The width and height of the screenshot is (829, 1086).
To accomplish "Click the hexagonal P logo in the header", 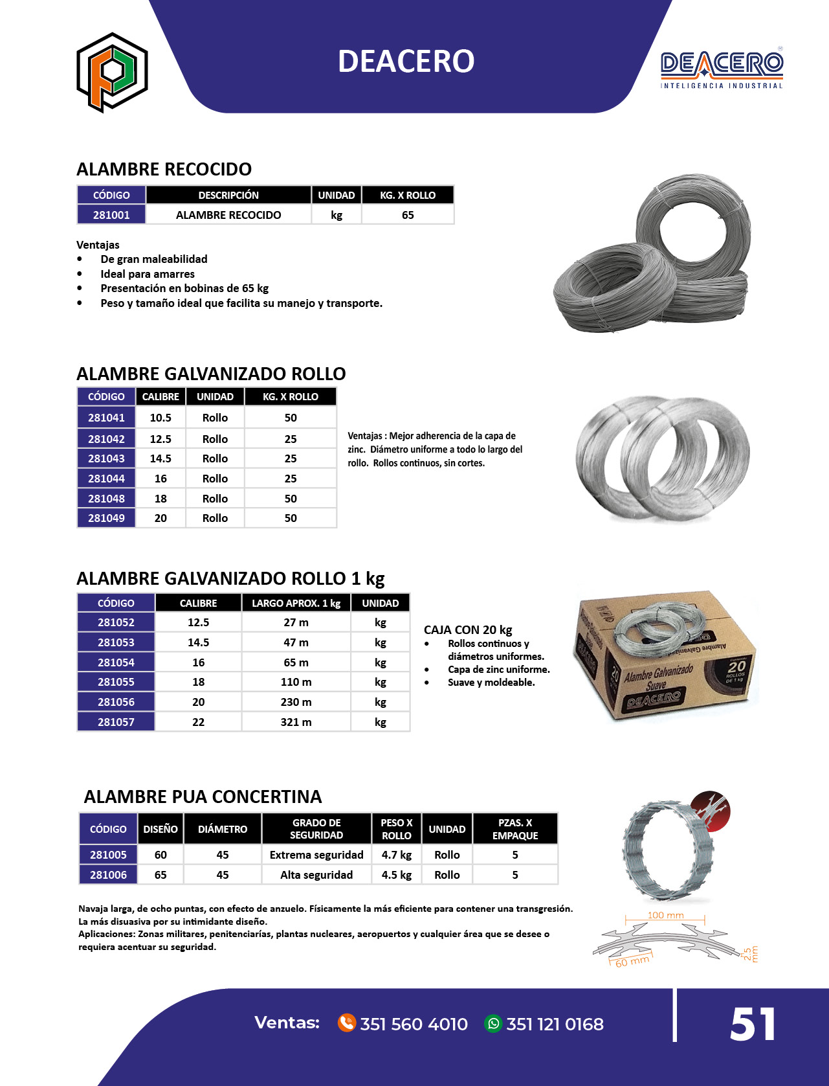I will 112,72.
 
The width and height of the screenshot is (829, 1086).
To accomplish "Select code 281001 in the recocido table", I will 111,215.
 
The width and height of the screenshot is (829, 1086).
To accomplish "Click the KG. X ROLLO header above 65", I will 408,195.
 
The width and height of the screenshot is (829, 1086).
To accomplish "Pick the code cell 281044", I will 106,479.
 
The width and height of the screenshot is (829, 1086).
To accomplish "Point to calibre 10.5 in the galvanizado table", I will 160,418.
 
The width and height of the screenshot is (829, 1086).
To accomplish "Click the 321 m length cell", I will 296,722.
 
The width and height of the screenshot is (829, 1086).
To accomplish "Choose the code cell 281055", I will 116,682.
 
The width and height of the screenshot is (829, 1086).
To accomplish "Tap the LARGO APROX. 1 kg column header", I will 296,603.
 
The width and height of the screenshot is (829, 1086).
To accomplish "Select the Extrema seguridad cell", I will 316,855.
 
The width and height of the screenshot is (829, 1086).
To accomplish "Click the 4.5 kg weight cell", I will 397,875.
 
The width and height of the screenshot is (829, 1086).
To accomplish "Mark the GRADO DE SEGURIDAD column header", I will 316,829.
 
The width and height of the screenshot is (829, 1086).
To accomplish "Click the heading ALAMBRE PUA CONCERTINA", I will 203,797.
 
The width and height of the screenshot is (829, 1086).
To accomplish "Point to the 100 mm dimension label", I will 665,915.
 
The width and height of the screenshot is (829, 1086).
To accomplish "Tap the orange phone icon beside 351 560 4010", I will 347,1023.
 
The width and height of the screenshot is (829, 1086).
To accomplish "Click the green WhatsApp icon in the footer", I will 493,1023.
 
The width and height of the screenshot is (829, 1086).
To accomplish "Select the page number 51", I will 753,1025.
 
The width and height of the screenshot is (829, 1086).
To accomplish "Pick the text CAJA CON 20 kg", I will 468,629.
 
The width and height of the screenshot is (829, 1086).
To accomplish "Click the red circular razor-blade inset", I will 710,811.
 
